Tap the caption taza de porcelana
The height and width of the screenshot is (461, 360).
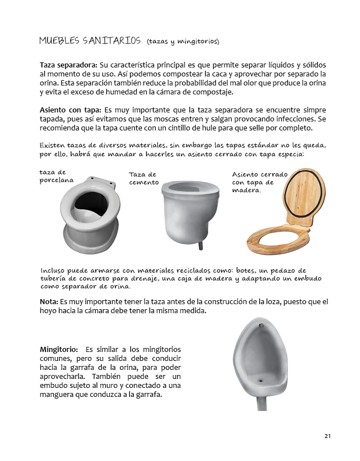click(x=56, y=176)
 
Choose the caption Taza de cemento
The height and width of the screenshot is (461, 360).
click(x=142, y=178)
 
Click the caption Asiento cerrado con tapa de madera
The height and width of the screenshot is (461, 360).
click(x=253, y=182)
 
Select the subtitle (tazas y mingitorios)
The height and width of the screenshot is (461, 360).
click(x=182, y=42)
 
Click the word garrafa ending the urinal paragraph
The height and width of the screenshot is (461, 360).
click(x=148, y=395)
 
